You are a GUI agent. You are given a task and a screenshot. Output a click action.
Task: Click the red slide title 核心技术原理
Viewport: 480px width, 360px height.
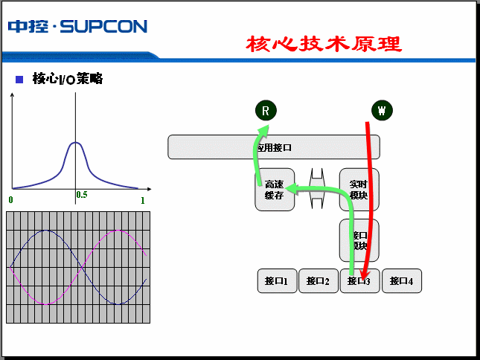[324, 44]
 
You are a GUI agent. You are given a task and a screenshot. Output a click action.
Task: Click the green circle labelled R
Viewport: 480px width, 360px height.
[266, 111]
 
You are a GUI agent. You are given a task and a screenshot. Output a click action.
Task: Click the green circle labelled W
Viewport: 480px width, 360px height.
[382, 111]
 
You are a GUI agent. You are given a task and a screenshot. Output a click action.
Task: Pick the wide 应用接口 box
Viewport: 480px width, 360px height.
[273, 147]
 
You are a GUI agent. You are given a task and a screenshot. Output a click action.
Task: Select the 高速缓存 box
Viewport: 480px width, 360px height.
[275, 190]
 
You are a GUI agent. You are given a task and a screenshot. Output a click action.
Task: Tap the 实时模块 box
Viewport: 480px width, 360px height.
[359, 190]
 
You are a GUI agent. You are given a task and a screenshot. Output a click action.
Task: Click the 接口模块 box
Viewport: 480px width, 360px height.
[359, 240]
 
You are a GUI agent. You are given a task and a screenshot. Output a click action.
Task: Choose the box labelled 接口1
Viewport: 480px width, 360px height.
[277, 281]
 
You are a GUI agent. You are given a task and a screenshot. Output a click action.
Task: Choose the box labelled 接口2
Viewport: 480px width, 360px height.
[319, 281]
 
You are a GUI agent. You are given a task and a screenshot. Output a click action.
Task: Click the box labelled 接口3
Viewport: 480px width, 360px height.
[359, 281]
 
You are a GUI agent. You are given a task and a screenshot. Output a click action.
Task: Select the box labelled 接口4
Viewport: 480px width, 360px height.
[402, 281]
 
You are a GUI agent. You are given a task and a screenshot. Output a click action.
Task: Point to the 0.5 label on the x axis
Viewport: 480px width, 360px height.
[81, 195]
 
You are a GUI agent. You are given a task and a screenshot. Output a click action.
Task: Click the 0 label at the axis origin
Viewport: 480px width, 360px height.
[11, 201]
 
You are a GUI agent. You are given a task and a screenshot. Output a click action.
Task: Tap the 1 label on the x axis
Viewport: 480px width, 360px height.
[142, 201]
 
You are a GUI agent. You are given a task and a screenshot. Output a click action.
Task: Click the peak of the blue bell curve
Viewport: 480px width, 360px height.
[76, 142]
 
